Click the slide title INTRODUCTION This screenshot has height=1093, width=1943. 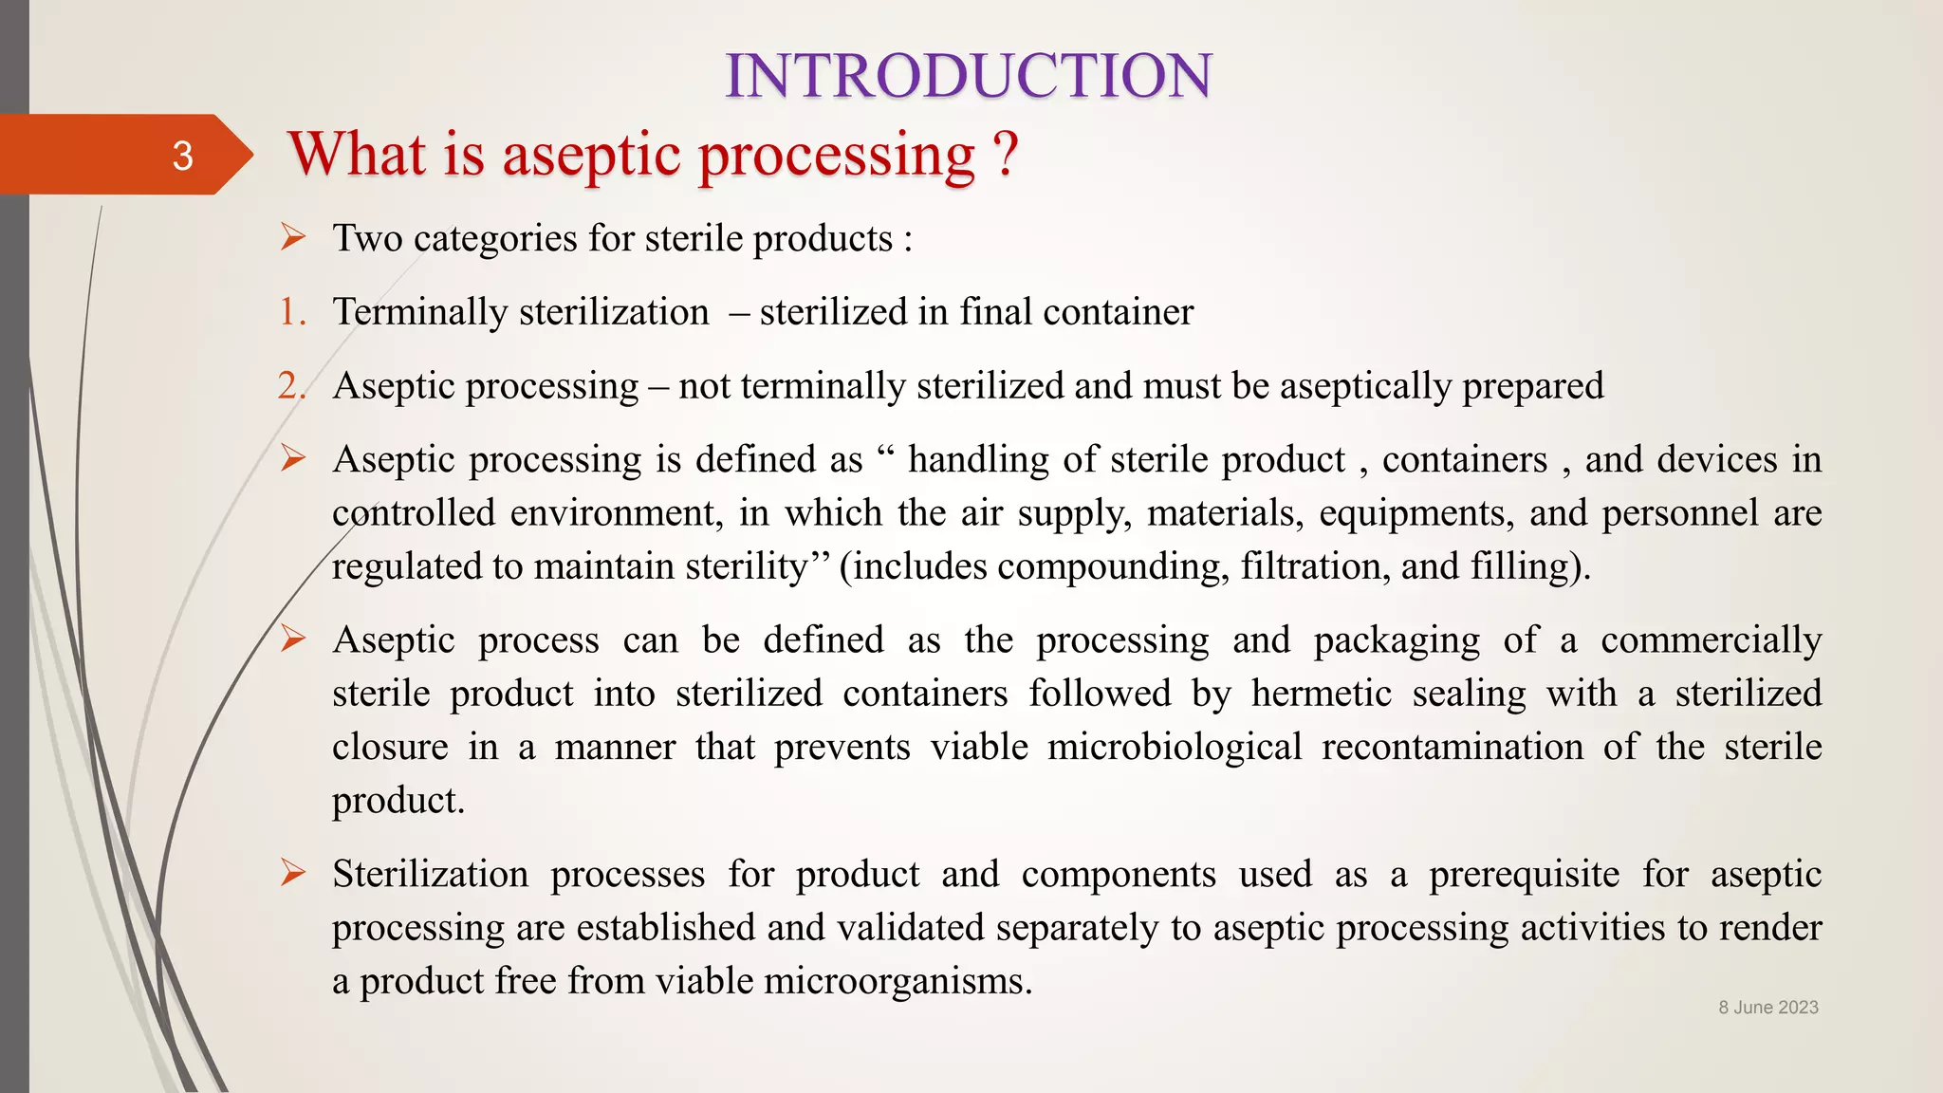point(969,76)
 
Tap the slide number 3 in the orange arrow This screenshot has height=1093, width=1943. point(182,156)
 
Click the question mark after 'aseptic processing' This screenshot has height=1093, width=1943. point(1005,154)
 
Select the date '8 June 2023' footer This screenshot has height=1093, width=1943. point(1767,1008)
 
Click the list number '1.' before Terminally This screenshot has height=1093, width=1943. point(292,312)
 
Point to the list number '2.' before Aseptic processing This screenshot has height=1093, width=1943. point(292,386)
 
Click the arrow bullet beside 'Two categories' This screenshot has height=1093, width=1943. point(293,237)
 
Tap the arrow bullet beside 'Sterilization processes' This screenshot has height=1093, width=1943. point(293,872)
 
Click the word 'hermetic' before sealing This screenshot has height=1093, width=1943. point(1322,694)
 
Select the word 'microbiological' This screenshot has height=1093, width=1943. point(1175,748)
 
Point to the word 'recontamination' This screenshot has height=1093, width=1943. point(1453,748)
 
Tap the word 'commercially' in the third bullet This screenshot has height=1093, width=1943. point(1711,640)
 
